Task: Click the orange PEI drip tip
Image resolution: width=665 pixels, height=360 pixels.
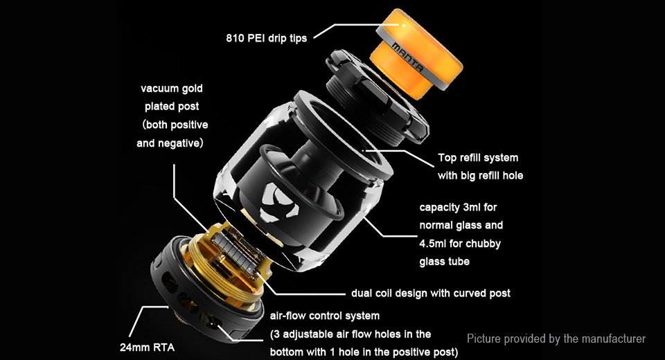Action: click(x=416, y=53)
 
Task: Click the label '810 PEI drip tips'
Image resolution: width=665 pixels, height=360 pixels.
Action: click(x=266, y=38)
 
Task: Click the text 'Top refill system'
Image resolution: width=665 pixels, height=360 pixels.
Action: click(x=478, y=158)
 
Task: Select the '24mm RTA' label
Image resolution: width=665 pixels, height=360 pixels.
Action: click(x=147, y=348)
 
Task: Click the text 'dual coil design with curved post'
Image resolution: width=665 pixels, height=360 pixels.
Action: click(x=430, y=294)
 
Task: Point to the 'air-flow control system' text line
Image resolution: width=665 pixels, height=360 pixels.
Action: click(x=324, y=316)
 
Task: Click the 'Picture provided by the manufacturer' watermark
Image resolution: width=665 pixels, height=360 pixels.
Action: click(x=556, y=339)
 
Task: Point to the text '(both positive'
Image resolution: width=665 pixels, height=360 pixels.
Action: click(x=175, y=125)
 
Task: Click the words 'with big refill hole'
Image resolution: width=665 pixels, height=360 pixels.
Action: click(x=480, y=176)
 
